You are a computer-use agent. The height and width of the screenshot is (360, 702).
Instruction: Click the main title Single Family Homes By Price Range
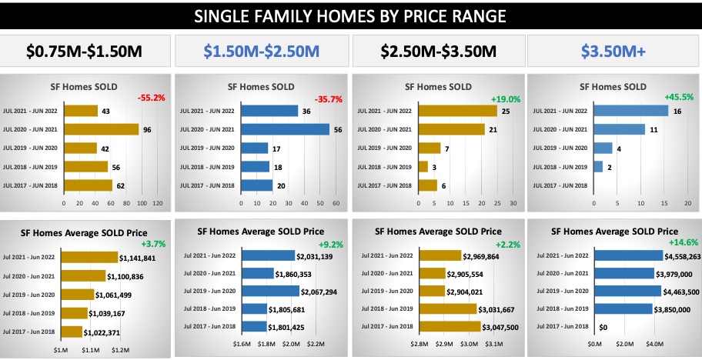coord(351,16)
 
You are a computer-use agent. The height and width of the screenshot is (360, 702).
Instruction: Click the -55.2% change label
coord(153,98)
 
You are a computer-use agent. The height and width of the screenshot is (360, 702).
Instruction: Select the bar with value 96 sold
coord(101,129)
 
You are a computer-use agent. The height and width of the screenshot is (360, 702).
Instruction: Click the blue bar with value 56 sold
coord(285,129)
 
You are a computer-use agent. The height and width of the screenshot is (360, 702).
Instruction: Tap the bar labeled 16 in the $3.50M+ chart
coord(630,111)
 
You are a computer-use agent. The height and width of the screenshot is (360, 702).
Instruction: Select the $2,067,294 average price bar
coord(269,291)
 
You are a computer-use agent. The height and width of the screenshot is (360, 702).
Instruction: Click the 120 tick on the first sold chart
coord(158,203)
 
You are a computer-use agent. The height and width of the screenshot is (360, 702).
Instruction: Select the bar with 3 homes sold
coord(423,166)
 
